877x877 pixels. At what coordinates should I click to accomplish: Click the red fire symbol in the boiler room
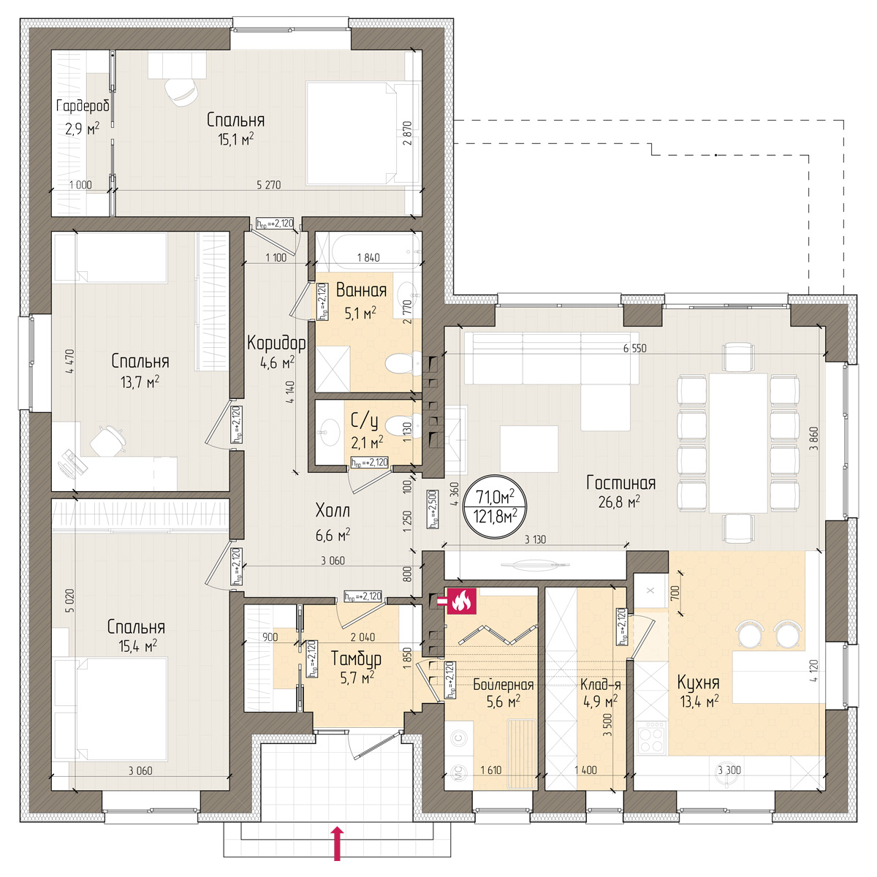[462, 601]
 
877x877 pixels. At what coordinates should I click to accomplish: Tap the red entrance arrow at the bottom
[337, 844]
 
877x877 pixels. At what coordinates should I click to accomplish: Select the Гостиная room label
[620, 483]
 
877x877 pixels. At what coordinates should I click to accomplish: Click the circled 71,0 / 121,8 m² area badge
[496, 506]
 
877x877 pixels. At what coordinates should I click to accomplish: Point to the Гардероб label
[83, 106]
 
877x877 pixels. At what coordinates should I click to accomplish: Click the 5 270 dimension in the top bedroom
[268, 185]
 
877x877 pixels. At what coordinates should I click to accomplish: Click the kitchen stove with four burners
[652, 739]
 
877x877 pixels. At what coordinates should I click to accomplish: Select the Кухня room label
[698, 683]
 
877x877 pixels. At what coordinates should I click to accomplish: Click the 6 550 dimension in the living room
[634, 348]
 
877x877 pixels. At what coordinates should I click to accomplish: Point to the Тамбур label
[355, 658]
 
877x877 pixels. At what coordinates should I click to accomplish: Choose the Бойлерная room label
[504, 685]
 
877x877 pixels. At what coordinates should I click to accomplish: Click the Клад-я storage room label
[600, 685]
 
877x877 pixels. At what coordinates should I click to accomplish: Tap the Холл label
[333, 511]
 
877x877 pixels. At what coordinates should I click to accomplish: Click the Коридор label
[276, 343]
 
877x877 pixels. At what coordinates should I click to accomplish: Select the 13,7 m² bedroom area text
[140, 381]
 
